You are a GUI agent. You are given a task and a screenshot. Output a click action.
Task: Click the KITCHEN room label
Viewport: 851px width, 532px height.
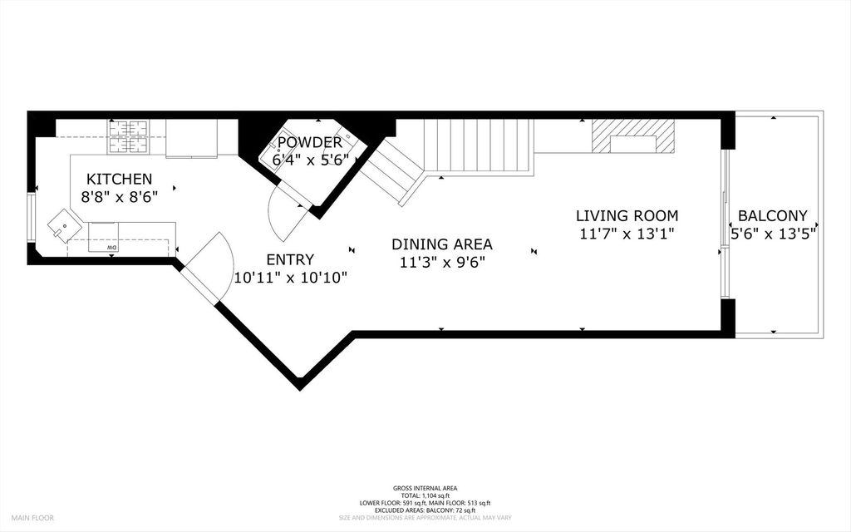[x=120, y=179]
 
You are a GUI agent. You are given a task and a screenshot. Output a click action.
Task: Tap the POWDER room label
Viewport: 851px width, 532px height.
[x=310, y=143]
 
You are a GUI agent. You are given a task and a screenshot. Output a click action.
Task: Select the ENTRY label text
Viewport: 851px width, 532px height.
[x=290, y=259]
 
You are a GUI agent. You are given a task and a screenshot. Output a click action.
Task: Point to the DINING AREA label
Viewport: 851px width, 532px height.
[x=442, y=244]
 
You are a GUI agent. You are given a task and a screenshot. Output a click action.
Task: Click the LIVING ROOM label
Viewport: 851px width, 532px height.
[x=627, y=216]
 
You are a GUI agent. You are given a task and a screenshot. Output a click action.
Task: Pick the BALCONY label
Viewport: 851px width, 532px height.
[x=772, y=216]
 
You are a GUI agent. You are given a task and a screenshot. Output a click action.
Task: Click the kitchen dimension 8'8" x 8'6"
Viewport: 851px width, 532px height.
[x=120, y=197]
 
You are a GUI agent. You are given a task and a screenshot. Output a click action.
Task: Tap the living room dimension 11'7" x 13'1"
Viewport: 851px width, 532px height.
[x=627, y=234]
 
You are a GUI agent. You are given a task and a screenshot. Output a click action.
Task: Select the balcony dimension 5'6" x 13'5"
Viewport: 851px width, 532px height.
[x=774, y=234]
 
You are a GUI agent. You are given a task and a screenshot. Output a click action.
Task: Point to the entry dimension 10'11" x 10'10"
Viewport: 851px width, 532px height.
[x=290, y=278]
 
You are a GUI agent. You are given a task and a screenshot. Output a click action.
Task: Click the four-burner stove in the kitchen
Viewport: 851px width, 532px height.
[x=129, y=137]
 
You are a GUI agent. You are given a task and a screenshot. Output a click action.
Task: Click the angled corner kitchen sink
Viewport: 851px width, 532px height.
[x=65, y=225]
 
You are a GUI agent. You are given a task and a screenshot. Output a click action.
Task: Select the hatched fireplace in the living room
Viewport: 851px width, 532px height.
[x=632, y=135]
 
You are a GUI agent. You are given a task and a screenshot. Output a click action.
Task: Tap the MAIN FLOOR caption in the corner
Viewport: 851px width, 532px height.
[x=32, y=518]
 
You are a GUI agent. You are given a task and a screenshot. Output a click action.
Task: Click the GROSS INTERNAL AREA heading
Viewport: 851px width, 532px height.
[x=425, y=488]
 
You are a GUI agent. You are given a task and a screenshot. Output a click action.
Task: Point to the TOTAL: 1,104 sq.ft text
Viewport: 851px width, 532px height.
[x=425, y=495]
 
